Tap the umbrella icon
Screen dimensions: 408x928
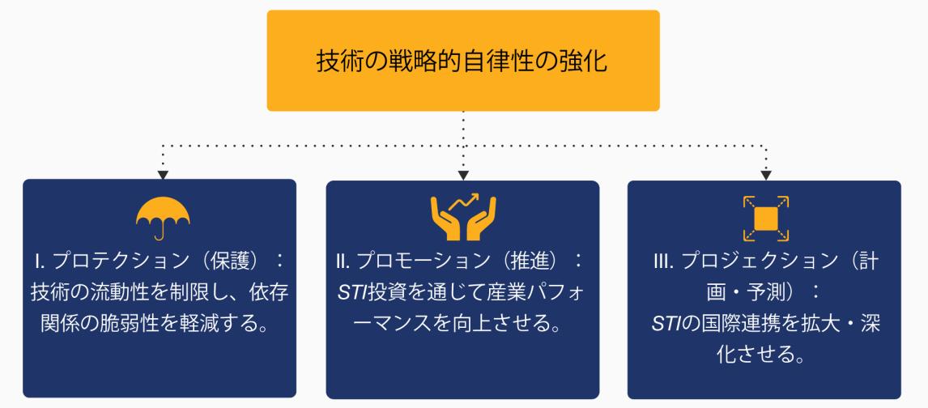point(163,218)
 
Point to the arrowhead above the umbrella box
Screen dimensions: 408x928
point(163,173)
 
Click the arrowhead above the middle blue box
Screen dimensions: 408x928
point(463,173)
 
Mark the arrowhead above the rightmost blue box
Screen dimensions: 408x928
point(765,173)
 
